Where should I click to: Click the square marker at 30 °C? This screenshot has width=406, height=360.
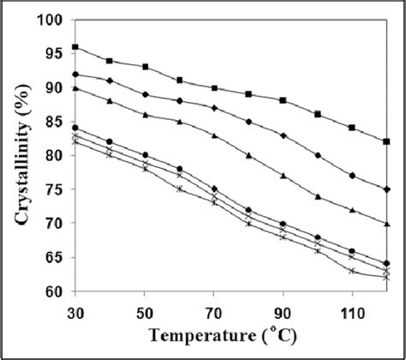(x=75, y=47)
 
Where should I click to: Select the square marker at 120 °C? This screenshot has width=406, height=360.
(x=387, y=141)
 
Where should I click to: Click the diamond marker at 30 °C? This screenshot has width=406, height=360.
(x=75, y=75)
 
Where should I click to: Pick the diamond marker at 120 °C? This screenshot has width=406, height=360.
(x=387, y=189)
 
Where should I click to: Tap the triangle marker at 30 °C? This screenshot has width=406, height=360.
(x=75, y=87)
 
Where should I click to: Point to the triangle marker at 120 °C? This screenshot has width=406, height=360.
(x=387, y=223)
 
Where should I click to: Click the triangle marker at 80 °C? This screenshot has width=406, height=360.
(x=248, y=156)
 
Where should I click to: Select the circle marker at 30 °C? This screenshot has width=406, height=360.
(x=75, y=129)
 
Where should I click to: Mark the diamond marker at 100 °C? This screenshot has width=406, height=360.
(x=318, y=156)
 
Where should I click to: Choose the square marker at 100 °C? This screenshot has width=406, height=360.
(x=318, y=115)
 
